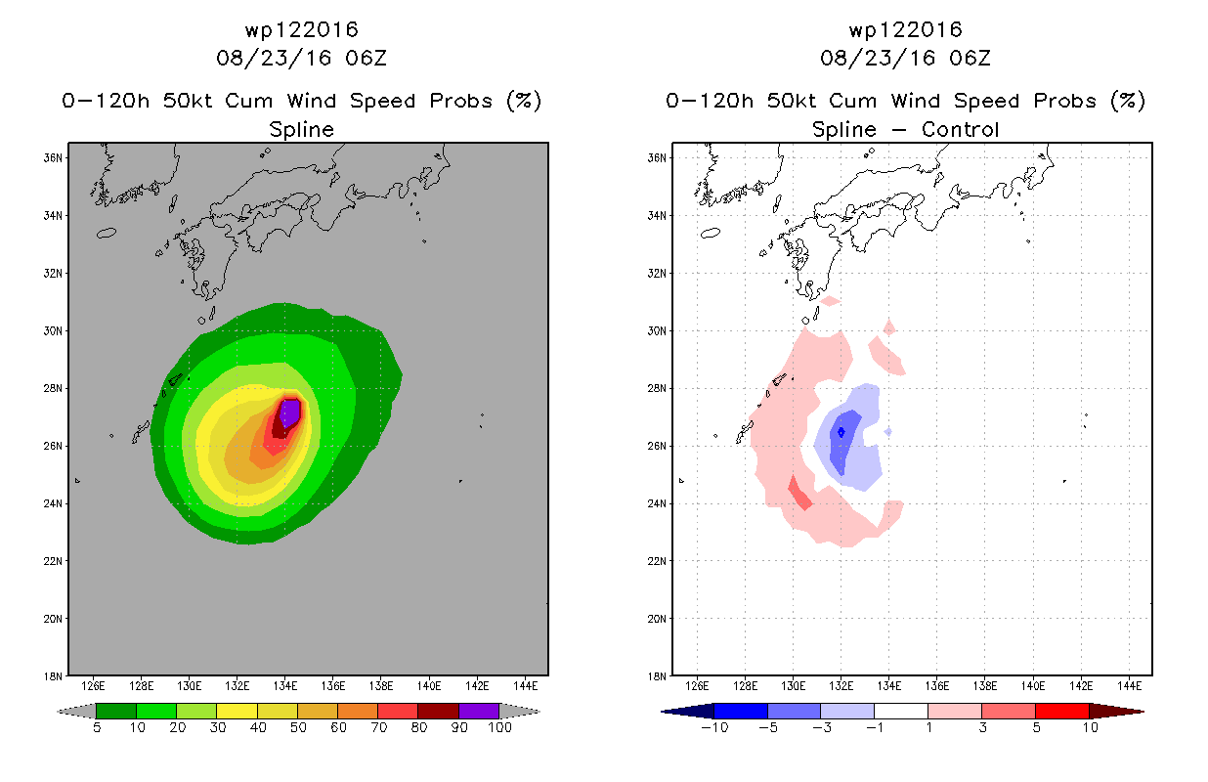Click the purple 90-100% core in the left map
pyautogui.click(x=290, y=413)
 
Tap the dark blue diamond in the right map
pyautogui.click(x=841, y=432)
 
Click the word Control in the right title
pyautogui.click(x=960, y=129)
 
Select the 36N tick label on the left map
pyautogui.click(x=53, y=158)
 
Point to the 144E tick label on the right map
pyautogui.click(x=1129, y=686)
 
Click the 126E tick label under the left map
pyautogui.click(x=93, y=686)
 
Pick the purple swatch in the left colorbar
pyautogui.click(x=479, y=711)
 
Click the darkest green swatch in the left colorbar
pyautogui.click(x=116, y=711)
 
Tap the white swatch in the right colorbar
pyautogui.click(x=900, y=711)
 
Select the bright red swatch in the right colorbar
pyautogui.click(x=1061, y=711)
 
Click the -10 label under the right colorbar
pyautogui.click(x=714, y=727)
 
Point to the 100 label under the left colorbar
pyautogui.click(x=499, y=727)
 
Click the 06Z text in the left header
pyautogui.click(x=366, y=59)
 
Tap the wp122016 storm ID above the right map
pyautogui.click(x=905, y=30)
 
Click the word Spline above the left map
pyautogui.click(x=301, y=129)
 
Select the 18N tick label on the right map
pyautogui.click(x=657, y=676)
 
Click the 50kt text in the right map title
pyautogui.click(x=791, y=101)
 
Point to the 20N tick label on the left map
pyautogui.click(x=53, y=619)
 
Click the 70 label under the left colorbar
pyautogui.click(x=378, y=727)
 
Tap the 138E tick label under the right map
pyautogui.click(x=985, y=686)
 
